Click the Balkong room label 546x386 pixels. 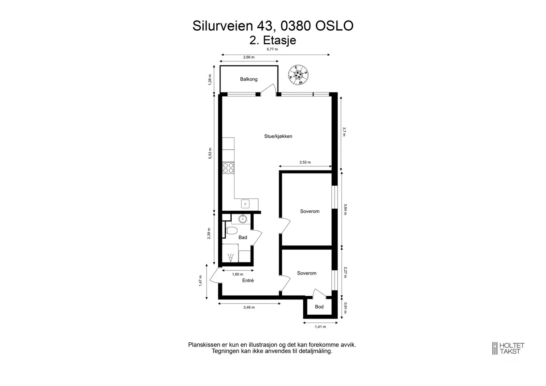click(249, 79)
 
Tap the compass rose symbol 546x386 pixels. click(298, 75)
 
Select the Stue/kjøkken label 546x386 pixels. click(278, 136)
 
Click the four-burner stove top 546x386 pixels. click(228, 168)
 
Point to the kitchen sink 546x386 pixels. click(245, 204)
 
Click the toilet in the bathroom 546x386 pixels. click(231, 231)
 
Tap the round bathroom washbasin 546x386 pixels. click(243, 219)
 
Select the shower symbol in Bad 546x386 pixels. click(231, 258)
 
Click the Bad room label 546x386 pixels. click(243, 237)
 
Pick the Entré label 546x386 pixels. click(248, 281)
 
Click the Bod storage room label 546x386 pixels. click(319, 307)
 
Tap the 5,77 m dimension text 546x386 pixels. click(272, 49)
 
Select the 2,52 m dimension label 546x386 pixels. click(305, 162)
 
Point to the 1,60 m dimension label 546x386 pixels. click(238, 274)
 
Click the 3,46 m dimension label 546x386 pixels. click(249, 307)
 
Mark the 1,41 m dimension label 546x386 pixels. click(320, 327)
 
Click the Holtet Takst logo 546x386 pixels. click(508, 348)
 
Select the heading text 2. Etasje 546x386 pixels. click(273, 41)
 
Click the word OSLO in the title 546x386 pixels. click(334, 26)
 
